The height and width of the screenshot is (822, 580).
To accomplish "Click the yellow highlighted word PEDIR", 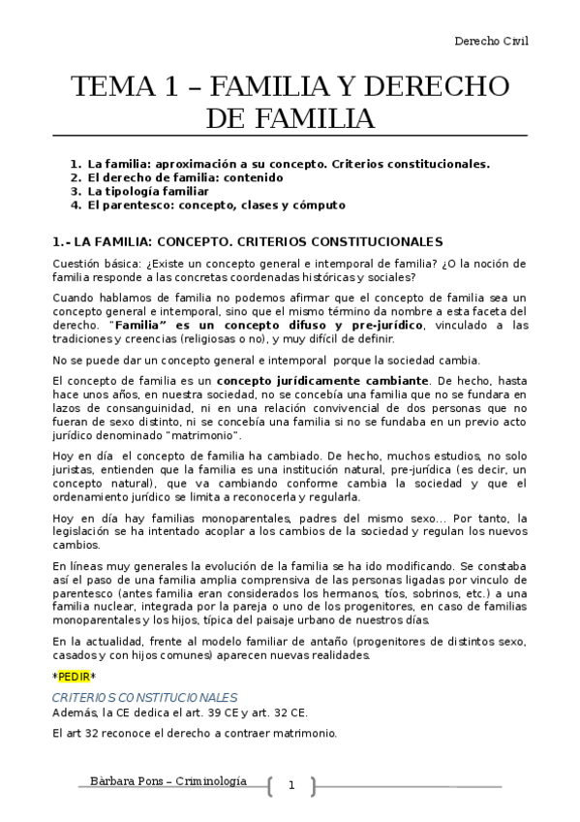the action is [74, 677].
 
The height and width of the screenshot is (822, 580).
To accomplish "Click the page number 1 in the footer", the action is [290, 786].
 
